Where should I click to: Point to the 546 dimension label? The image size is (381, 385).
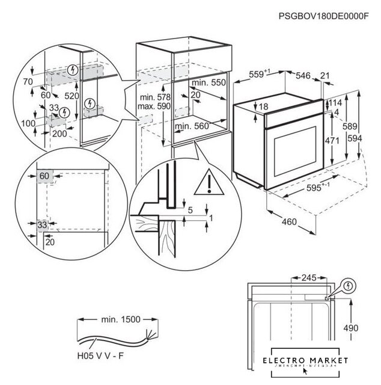(303, 75)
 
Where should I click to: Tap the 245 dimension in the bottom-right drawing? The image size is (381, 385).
(309, 278)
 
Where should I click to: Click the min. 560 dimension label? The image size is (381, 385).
(192, 126)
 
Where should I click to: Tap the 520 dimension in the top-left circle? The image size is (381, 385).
(72, 96)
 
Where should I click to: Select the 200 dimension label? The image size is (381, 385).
(59, 134)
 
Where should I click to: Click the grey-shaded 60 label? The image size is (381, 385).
(44, 176)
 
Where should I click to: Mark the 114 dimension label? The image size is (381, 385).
(335, 103)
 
